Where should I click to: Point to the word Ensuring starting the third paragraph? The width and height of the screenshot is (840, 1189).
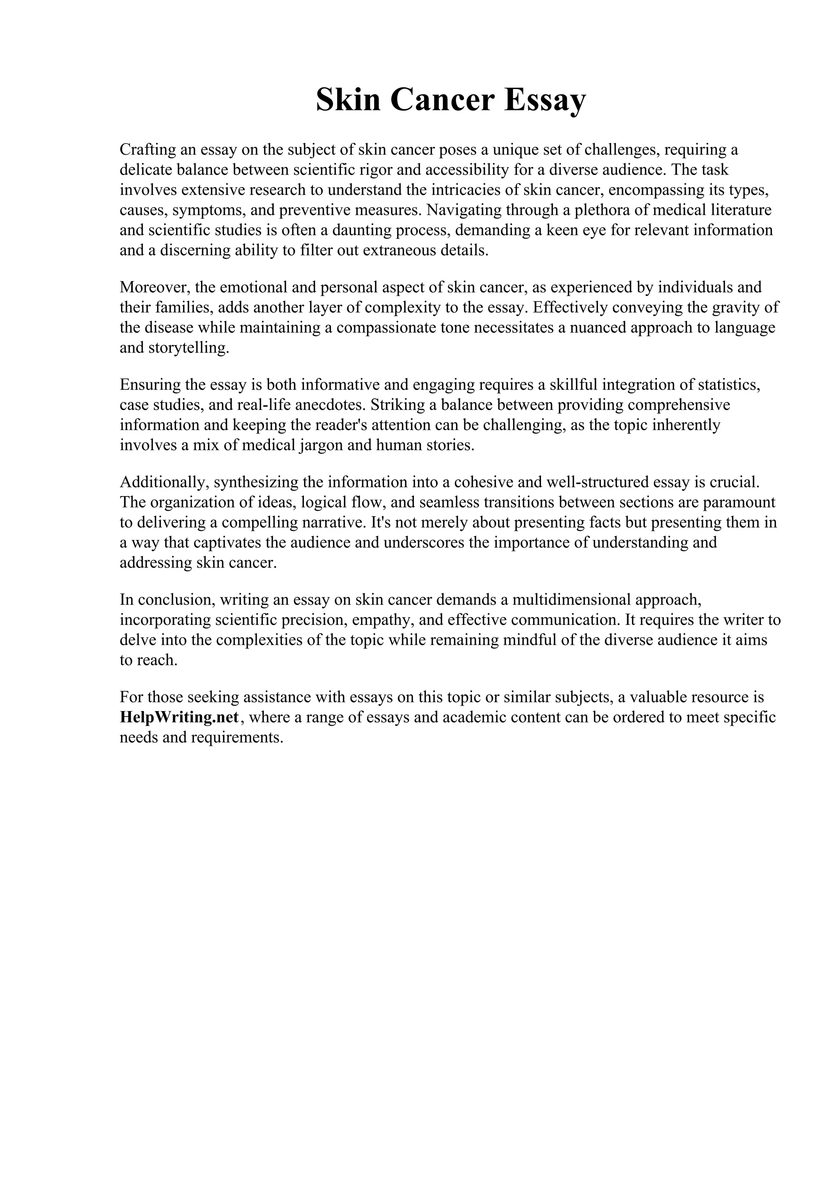click(x=149, y=385)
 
